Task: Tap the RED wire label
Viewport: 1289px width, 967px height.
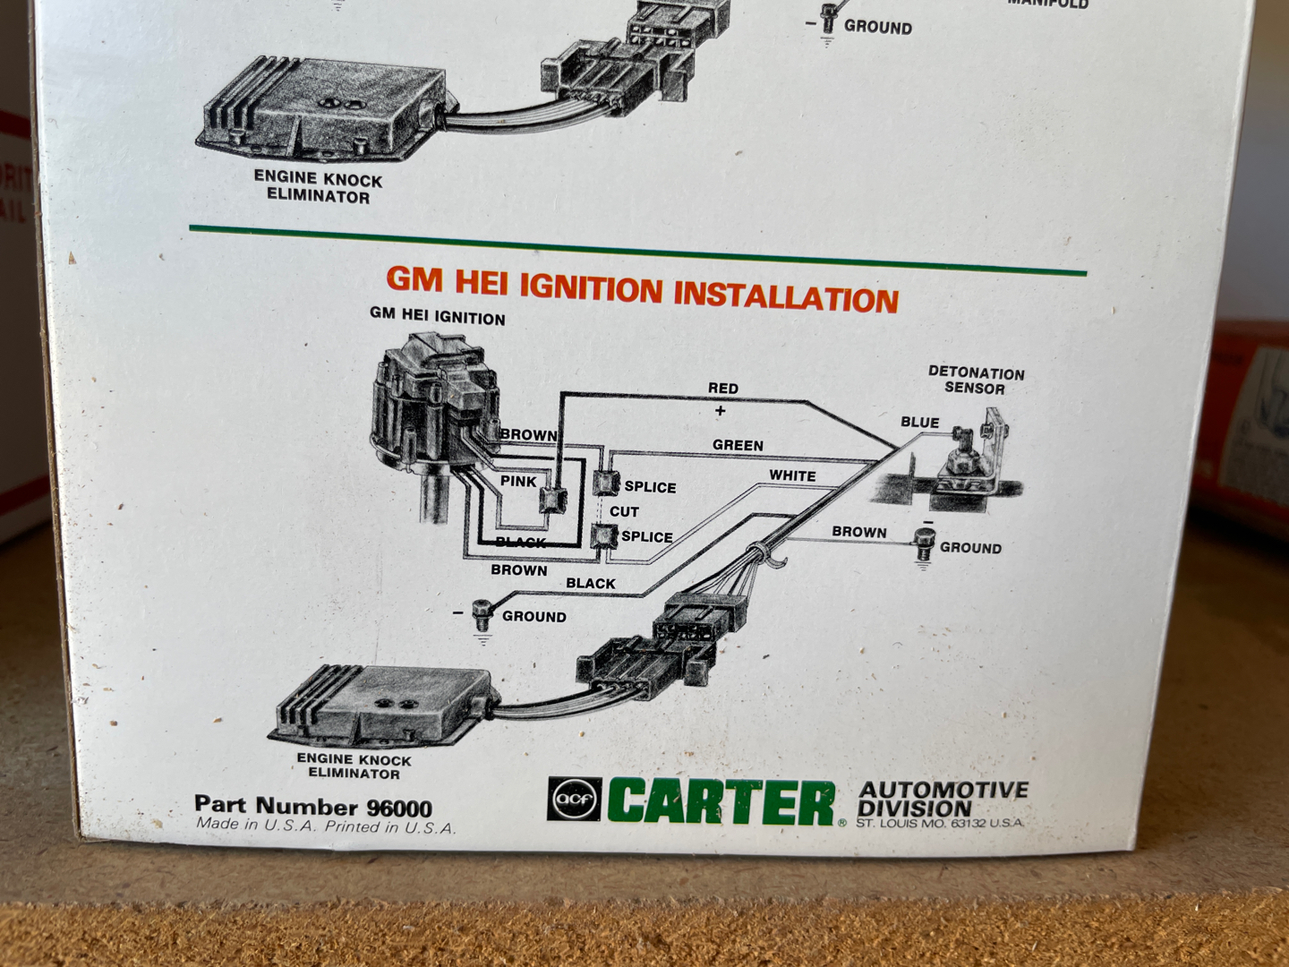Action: click(x=723, y=389)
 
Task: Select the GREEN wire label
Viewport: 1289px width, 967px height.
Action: click(x=738, y=446)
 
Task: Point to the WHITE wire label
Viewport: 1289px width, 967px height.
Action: click(x=792, y=475)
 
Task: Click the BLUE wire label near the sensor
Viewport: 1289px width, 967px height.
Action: click(x=919, y=423)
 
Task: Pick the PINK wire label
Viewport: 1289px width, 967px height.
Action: click(x=518, y=482)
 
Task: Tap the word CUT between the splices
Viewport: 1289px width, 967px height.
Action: click(x=624, y=512)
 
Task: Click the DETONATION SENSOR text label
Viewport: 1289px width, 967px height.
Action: click(x=976, y=381)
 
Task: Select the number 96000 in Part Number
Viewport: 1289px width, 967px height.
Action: click(x=399, y=809)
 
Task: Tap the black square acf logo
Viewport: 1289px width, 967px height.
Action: click(x=575, y=799)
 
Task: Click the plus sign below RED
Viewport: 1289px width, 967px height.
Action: click(x=721, y=411)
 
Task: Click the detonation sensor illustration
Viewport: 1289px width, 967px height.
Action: click(x=969, y=464)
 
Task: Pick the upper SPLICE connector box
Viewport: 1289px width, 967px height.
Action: click(x=606, y=483)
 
